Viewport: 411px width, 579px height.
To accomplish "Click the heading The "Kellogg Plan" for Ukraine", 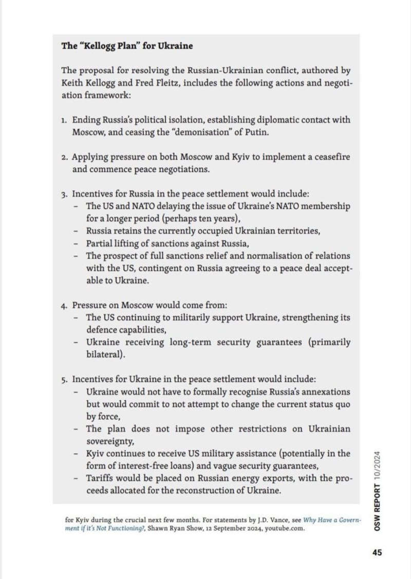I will tap(127, 46).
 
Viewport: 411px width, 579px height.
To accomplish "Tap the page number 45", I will tap(377, 553).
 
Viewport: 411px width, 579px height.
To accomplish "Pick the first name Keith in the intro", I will tap(73, 83).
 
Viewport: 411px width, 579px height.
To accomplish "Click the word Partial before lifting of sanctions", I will tap(100, 243).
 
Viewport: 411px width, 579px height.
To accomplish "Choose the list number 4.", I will tap(63, 305).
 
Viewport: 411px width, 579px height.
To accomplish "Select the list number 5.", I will tap(63, 380).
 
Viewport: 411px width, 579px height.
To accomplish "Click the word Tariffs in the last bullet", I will tap(100, 478).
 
